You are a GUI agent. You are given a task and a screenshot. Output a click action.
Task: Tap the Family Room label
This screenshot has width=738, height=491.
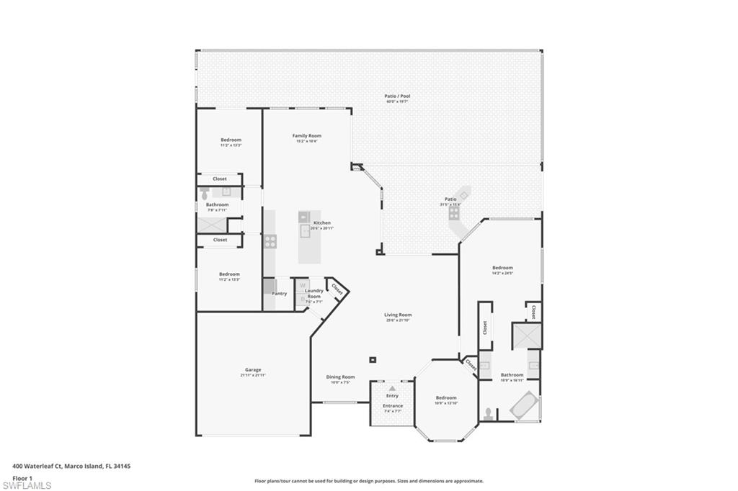pos(306,135)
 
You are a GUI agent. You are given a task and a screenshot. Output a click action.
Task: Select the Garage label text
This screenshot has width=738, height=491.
pos(253,370)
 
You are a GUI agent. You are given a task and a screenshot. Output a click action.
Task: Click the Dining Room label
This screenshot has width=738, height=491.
pos(340,377)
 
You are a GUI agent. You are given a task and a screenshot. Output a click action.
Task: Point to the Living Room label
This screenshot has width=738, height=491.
pos(397,315)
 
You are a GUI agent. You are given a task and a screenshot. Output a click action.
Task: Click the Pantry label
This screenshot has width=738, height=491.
pos(280,293)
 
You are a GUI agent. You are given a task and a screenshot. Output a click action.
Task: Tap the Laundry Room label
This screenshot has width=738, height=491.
pos(314,294)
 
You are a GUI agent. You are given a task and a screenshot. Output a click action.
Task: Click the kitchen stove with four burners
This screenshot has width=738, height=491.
pos(270,241)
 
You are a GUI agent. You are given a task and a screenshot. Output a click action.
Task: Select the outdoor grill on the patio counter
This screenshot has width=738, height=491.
pos(454,212)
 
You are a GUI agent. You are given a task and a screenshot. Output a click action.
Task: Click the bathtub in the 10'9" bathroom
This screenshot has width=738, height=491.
pos(524,405)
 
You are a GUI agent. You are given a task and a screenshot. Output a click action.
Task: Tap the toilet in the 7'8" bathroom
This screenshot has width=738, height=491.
pos(205,193)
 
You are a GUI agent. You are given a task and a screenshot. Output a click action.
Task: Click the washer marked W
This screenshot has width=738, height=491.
pos(303,284)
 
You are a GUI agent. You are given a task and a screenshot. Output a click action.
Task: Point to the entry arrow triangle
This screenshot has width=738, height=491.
pos(392,388)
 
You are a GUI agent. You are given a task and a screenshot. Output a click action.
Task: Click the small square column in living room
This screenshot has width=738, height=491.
pos(372,359)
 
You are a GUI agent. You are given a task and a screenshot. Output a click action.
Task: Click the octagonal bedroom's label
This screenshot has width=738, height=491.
pos(445,397)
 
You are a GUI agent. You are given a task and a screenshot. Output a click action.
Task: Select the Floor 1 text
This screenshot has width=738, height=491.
pos(22,477)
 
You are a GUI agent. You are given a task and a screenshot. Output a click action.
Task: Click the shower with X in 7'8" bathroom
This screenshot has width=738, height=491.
pos(213,223)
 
